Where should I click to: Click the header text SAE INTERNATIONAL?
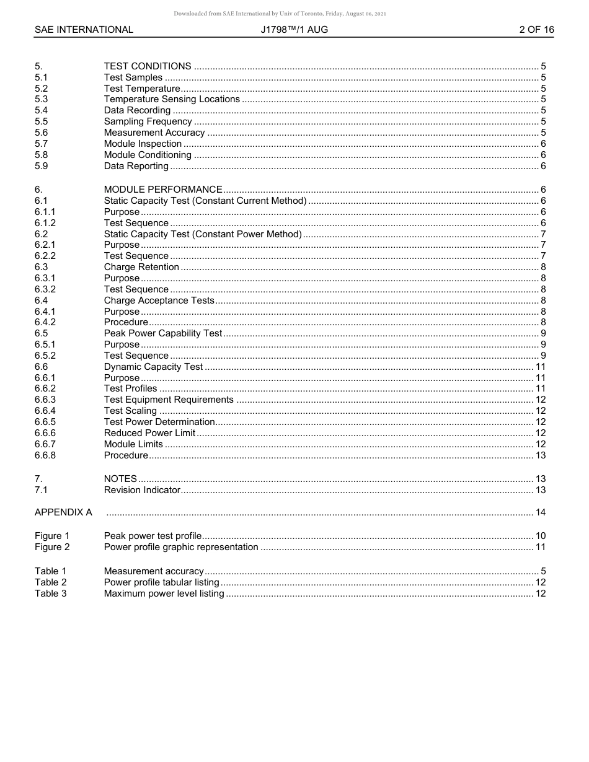pyautogui.click(x=84, y=30)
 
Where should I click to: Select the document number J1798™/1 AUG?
pyautogui.click(x=294, y=30)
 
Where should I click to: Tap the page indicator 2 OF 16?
pyautogui.click(x=536, y=30)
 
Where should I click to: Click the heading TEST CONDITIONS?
pyautogui.click(x=148, y=66)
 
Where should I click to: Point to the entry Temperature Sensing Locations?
pyautogui.click(x=172, y=99)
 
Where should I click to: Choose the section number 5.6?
pyautogui.click(x=42, y=133)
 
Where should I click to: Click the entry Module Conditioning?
pyautogui.click(x=148, y=155)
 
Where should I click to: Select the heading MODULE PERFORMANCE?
pyautogui.click(x=163, y=190)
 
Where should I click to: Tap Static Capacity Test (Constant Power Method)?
pyautogui.click(x=203, y=234)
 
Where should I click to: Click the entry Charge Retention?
pyautogui.click(x=141, y=267)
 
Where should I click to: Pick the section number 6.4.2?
pyautogui.click(x=45, y=322)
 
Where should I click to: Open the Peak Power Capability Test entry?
pyautogui.click(x=163, y=333)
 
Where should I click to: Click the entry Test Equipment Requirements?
pyautogui.click(x=169, y=400)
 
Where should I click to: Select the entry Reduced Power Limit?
pyautogui.click(x=149, y=433)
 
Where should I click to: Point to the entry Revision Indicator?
pyautogui.click(x=142, y=490)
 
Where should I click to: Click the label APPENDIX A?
pyautogui.click(x=63, y=512)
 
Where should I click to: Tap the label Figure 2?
pyautogui.click(x=52, y=547)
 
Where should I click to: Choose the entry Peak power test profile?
pyautogui.click(x=153, y=536)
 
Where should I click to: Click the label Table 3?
pyautogui.click(x=50, y=593)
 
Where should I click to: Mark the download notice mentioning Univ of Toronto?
pyautogui.click(x=280, y=14)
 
